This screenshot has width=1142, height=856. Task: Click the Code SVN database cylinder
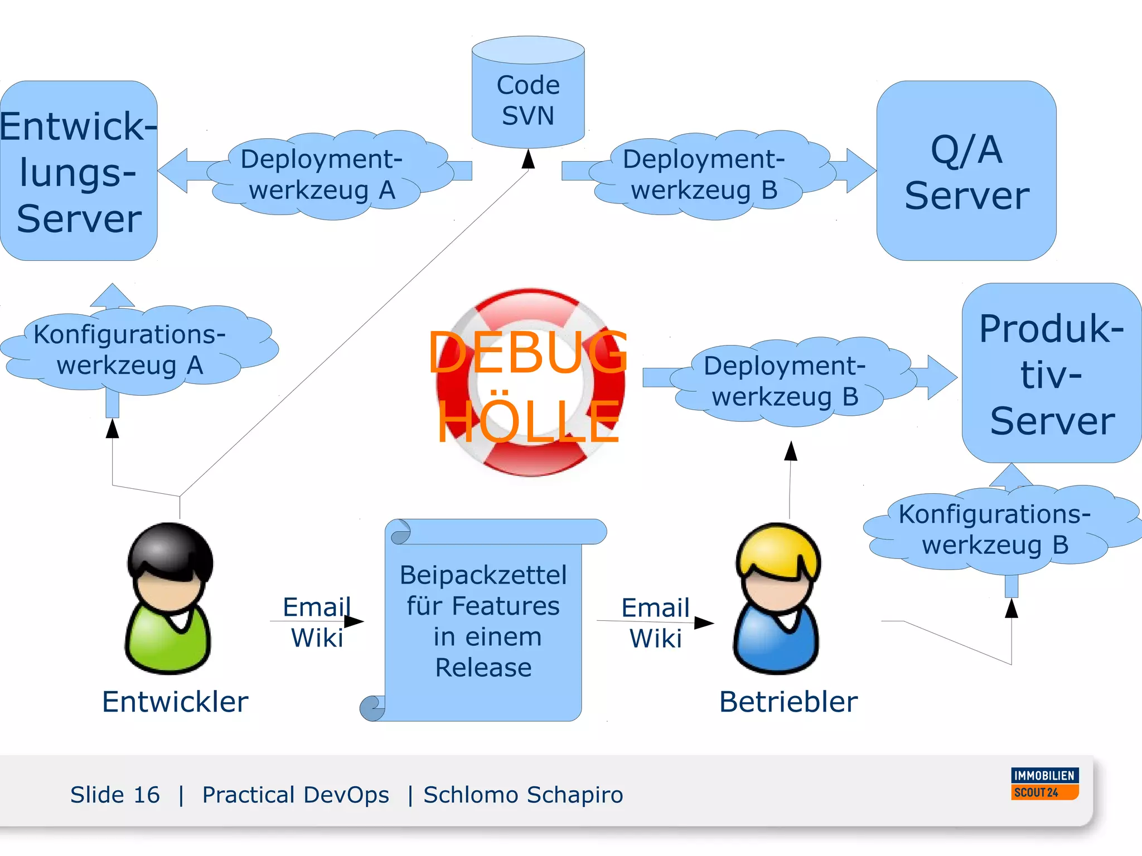[x=528, y=95]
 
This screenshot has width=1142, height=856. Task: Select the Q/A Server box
[x=966, y=171]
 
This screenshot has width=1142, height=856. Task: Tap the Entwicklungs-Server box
[x=78, y=171]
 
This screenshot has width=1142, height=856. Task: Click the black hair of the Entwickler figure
[x=170, y=546]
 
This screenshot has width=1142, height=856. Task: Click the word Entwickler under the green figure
[x=175, y=701]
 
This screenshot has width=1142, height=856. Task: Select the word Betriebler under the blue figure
[x=788, y=701]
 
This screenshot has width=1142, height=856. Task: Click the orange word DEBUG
[x=528, y=352]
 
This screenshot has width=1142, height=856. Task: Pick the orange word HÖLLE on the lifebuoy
[x=528, y=422]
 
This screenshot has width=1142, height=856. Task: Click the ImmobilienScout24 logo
[x=1044, y=784]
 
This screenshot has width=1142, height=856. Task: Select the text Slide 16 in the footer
[x=115, y=795]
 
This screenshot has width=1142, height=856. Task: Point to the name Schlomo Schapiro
[x=523, y=795]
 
